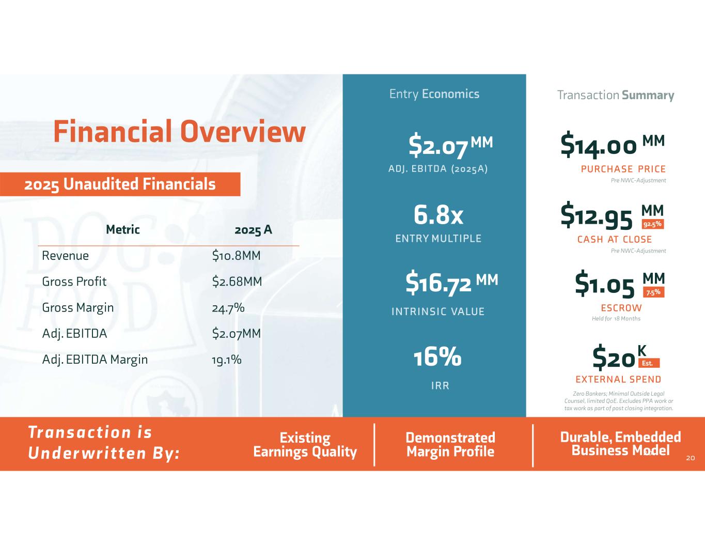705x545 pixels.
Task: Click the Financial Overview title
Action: (x=179, y=131)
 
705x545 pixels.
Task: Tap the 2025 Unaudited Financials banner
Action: (x=120, y=184)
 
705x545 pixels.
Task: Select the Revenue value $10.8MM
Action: (x=236, y=256)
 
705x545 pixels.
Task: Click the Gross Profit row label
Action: (x=74, y=282)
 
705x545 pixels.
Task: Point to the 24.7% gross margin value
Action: (x=228, y=307)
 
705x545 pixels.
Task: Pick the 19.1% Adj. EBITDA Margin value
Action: (x=226, y=360)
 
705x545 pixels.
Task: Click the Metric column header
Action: (x=122, y=230)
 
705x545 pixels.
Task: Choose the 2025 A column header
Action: (x=253, y=230)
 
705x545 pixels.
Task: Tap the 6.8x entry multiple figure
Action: (x=438, y=215)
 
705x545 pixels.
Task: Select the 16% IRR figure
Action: (x=437, y=356)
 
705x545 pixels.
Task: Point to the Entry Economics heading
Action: (x=434, y=94)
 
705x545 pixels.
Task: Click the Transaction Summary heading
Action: (x=616, y=96)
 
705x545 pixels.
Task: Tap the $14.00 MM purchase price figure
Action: (x=613, y=145)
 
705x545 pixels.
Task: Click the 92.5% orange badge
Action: (x=653, y=224)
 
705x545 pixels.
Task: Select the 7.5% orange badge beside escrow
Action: (x=653, y=292)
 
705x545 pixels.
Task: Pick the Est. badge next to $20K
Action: (x=649, y=363)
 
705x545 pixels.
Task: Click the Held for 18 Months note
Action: (x=616, y=319)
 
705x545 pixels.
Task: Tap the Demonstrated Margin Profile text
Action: (x=451, y=444)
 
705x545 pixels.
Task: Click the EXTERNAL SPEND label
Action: (x=618, y=379)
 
